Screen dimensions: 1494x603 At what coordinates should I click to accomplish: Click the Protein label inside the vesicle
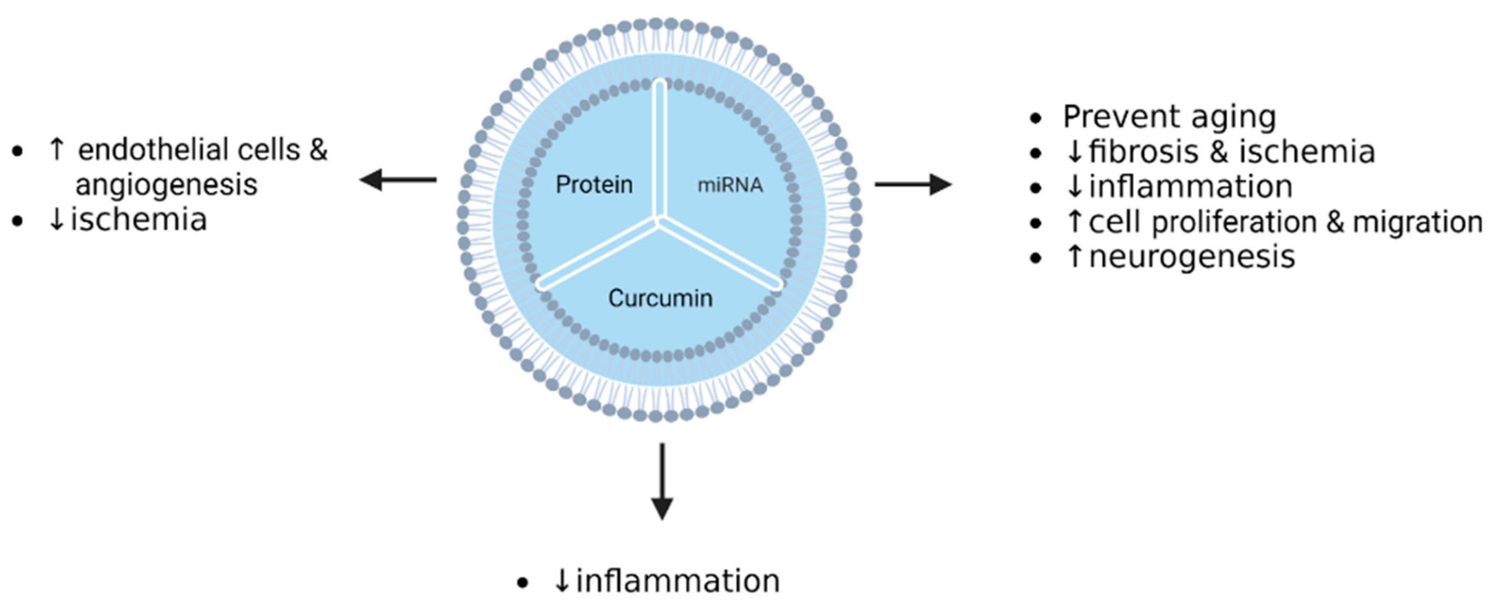594,185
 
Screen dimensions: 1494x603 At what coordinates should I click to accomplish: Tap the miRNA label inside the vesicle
729,186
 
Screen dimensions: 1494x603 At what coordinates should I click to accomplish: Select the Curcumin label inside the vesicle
660,298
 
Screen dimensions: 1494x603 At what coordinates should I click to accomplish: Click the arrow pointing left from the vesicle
398,179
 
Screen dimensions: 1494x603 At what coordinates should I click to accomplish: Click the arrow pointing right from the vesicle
913,184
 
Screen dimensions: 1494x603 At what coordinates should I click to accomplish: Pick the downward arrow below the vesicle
662,481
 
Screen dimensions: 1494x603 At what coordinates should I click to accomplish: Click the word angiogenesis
167,185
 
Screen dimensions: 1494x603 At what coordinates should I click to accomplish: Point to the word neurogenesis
1192,257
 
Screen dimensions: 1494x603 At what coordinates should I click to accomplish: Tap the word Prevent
1112,116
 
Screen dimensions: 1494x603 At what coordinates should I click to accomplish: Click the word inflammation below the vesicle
678,581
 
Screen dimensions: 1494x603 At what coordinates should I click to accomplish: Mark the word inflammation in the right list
1191,187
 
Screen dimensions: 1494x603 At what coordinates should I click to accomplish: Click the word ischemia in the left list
138,220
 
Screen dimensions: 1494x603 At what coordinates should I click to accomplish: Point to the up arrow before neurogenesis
1075,256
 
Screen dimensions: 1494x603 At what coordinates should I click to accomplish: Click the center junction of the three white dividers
659,220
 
